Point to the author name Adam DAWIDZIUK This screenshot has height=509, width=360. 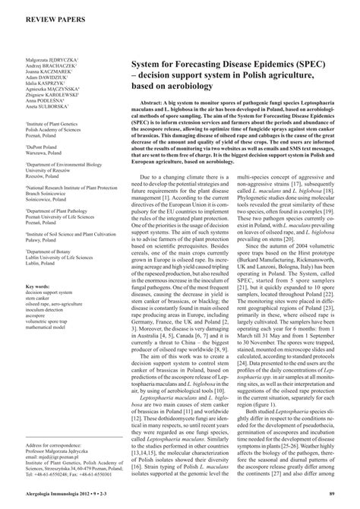tap(44, 79)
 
